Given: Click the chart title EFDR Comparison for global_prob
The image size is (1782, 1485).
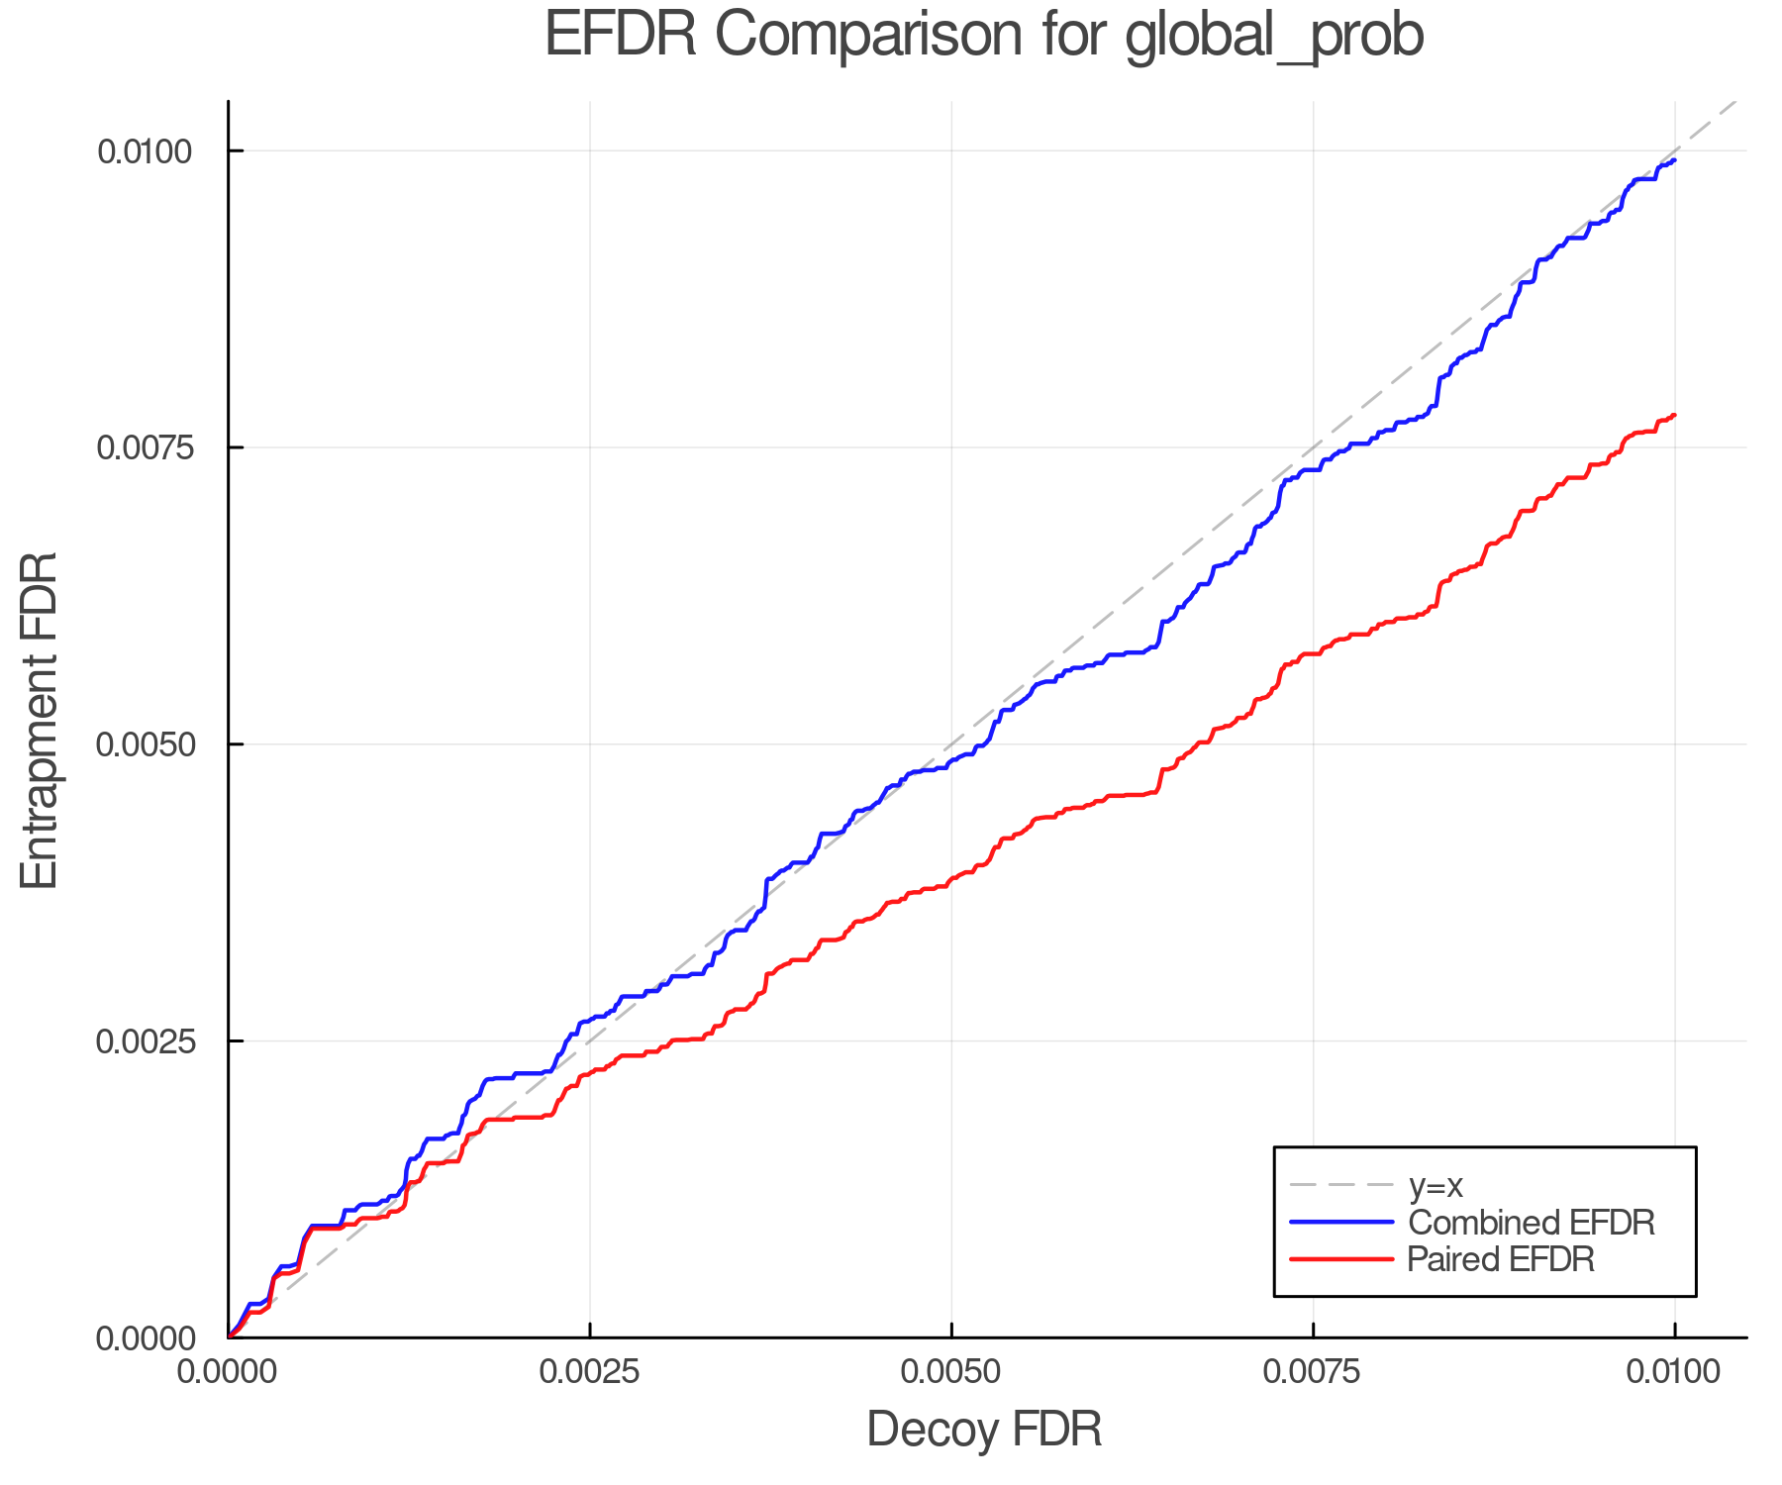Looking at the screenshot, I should pyautogui.click(x=984, y=36).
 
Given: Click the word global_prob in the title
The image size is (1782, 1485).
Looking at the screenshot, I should pyautogui.click(x=1274, y=36).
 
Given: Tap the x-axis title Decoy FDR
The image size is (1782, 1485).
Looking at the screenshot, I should pyautogui.click(x=984, y=1430).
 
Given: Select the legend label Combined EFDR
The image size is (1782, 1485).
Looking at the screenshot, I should pyautogui.click(x=1531, y=1223).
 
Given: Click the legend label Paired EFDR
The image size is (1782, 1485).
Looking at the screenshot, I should pyautogui.click(x=1501, y=1259).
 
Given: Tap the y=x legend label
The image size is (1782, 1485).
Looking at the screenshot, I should pyautogui.click(x=1435, y=1185).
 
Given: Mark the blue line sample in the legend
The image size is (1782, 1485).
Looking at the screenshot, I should pyautogui.click(x=1341, y=1223).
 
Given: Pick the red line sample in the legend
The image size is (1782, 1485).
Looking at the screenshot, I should pyautogui.click(x=1341, y=1259).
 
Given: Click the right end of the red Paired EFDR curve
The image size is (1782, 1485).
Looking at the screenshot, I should pyautogui.click(x=1674, y=415).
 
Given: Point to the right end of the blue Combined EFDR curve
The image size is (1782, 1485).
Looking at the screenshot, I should pyautogui.click(x=1674, y=159).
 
